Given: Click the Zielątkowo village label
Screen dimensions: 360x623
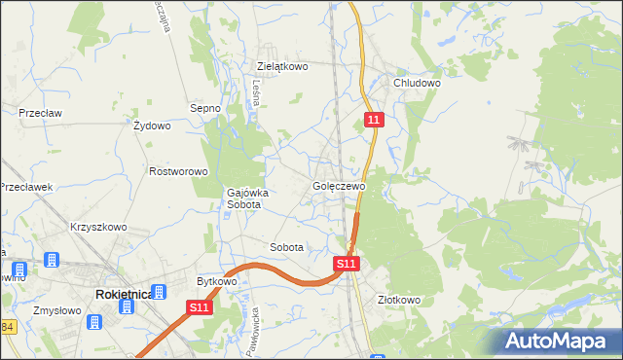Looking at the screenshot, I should coord(282,67).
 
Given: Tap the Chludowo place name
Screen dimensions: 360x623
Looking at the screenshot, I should coord(418,84).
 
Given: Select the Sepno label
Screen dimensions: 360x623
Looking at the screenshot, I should coord(205,108).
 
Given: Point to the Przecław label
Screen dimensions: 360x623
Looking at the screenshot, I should coord(40,113).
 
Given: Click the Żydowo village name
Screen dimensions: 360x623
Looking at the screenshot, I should coord(152,126).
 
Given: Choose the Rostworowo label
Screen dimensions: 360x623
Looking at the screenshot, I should coord(179,171).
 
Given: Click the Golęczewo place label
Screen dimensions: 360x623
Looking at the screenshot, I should coord(339,186).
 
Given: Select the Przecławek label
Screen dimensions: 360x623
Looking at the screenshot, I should coord(26,187).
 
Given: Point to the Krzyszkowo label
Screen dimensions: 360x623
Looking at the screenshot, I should coord(98,227).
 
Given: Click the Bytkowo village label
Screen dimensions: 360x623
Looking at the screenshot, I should coord(217,281).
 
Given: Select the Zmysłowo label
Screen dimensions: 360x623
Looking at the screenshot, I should coord(55,310).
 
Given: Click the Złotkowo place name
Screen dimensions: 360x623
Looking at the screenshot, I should coord(398,300).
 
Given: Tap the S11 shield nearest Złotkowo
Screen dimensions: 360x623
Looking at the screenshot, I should coord(348,263).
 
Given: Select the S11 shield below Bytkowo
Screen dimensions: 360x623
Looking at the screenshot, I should coord(199,307).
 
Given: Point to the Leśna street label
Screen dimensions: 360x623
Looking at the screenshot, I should coord(256,92).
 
